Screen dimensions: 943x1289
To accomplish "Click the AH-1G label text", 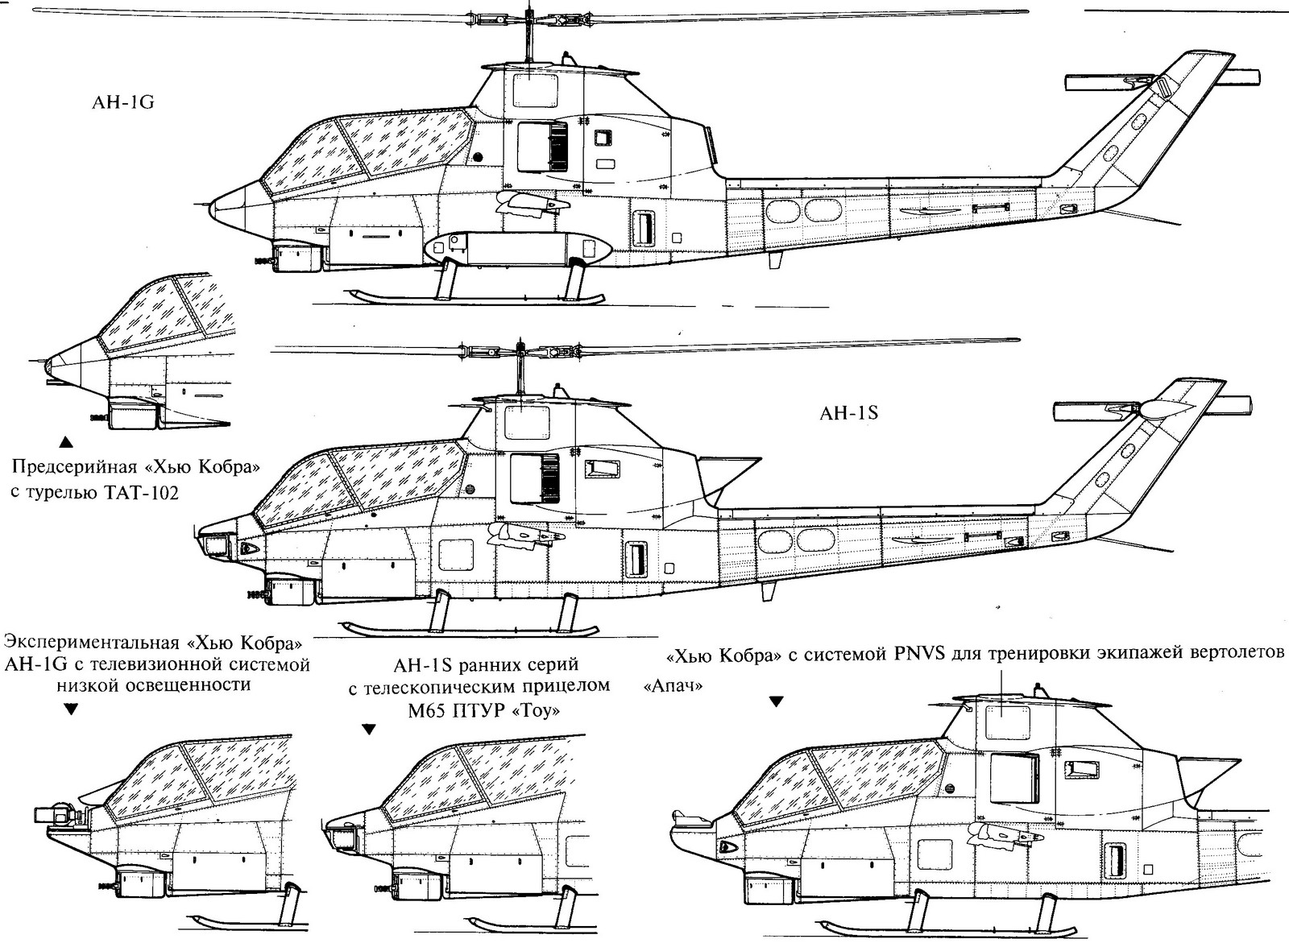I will [122, 103].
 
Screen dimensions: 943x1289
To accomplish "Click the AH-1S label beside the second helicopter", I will [848, 414].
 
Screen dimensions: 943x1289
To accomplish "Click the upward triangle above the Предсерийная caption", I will [66, 440].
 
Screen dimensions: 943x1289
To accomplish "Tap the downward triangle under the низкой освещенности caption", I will [71, 709].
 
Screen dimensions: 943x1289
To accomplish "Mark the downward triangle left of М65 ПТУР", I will [368, 730].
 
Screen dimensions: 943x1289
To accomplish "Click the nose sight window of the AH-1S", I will [215, 546].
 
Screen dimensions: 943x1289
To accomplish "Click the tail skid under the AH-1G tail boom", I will [777, 260].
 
